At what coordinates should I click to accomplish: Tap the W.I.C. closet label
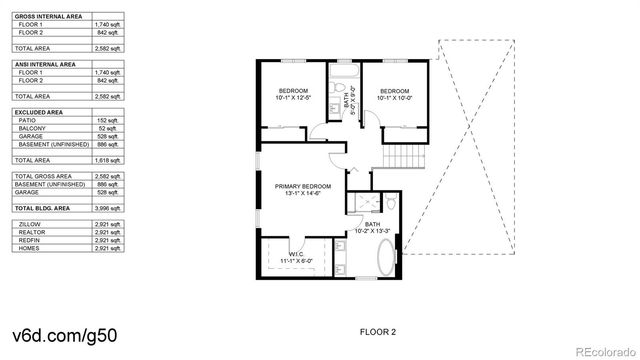(x=295, y=256)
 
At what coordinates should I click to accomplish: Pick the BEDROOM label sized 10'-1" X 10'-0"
(x=394, y=93)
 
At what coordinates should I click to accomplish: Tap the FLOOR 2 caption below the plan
(x=378, y=330)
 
